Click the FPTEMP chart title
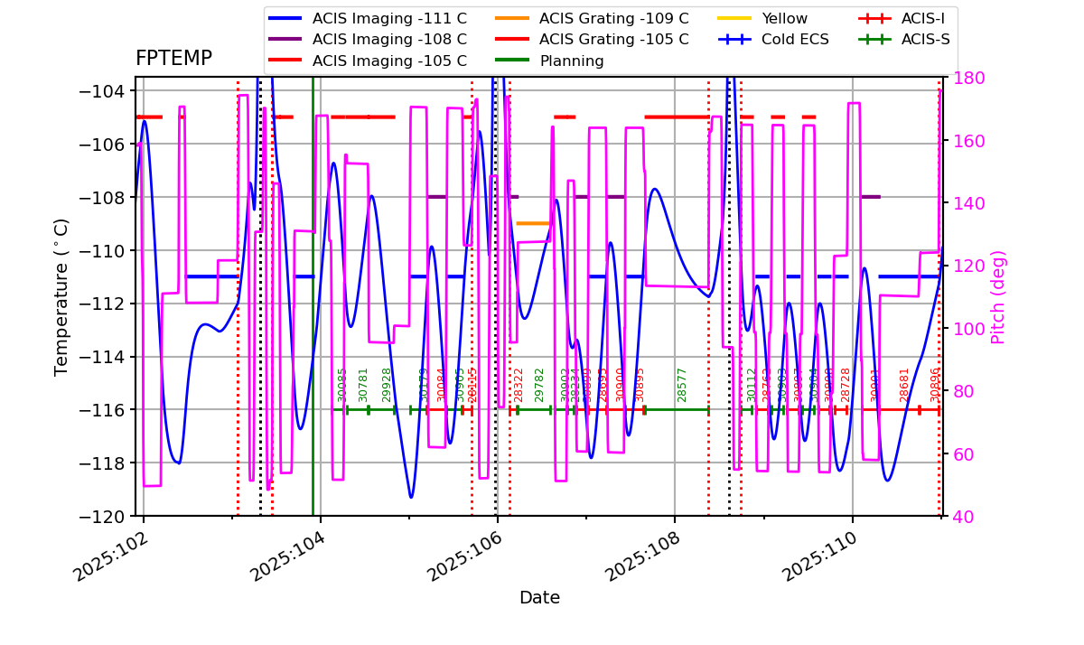coord(173,59)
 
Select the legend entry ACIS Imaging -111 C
coord(389,18)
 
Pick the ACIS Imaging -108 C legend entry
coord(389,40)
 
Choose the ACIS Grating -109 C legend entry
coord(613,18)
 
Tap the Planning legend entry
coord(572,61)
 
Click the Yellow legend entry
coord(784,18)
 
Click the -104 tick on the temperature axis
coord(101,91)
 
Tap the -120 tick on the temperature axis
coord(101,516)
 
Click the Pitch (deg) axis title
coord(998,296)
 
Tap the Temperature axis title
coord(61,296)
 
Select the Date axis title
coord(539,598)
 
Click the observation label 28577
coord(682,385)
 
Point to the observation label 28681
coord(904,385)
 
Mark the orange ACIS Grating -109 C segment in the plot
coord(533,223)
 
